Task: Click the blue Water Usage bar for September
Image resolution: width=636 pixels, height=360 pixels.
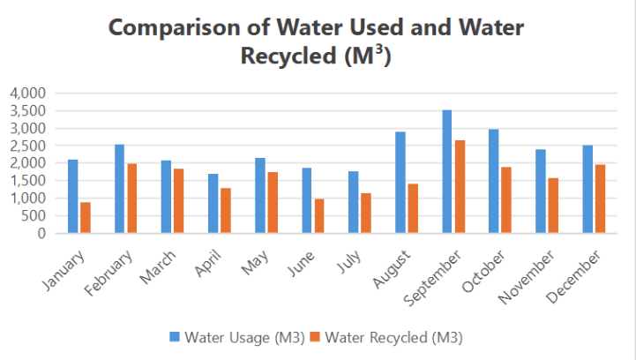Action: [x=447, y=172]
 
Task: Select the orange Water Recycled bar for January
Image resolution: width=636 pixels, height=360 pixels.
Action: [x=86, y=218]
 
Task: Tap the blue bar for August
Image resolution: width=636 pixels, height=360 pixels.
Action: [x=400, y=183]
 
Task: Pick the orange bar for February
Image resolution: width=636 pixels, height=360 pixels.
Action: [x=131, y=199]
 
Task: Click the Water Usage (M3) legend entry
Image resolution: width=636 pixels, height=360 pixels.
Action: [x=241, y=337]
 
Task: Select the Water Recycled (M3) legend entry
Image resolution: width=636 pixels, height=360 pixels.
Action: [x=393, y=337]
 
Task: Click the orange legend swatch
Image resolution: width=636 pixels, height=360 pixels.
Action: [x=316, y=337]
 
